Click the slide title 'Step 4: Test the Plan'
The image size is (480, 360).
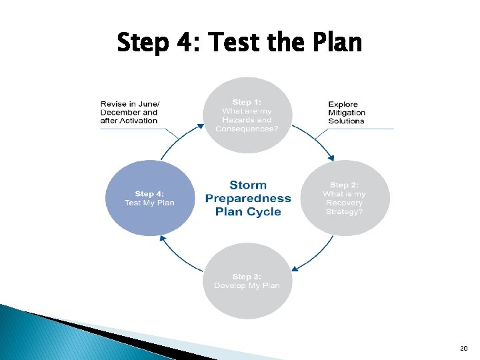[x=239, y=43]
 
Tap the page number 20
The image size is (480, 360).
[x=463, y=349]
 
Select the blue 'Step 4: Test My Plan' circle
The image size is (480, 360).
[x=149, y=198]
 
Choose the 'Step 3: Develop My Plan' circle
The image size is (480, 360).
[x=247, y=281]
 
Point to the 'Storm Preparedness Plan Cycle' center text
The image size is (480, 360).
[x=248, y=198]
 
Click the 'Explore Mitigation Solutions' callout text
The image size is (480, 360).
[x=346, y=113]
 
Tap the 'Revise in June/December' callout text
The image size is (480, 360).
[x=130, y=113]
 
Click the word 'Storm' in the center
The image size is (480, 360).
[x=248, y=185]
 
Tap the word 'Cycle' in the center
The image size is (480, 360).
[x=265, y=212]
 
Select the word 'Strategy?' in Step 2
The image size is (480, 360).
[x=344, y=211]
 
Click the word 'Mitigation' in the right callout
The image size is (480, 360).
[x=347, y=113]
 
